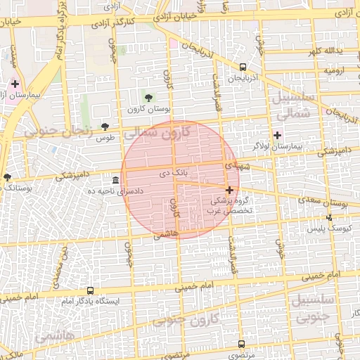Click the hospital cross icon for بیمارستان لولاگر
pos(277,134)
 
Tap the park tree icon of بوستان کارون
pos(148,96)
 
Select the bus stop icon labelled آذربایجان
pos(243,67)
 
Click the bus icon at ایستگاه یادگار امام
pos(90,290)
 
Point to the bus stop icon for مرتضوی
pos(242,345)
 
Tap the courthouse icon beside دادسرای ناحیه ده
pos(115,179)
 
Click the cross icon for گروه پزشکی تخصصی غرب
pos(229,190)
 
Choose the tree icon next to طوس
pos(105,127)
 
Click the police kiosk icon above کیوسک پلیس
pos(329,218)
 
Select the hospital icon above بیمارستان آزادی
pos(15,84)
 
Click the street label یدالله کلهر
pos(324,52)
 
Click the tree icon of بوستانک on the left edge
pos(7,177)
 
